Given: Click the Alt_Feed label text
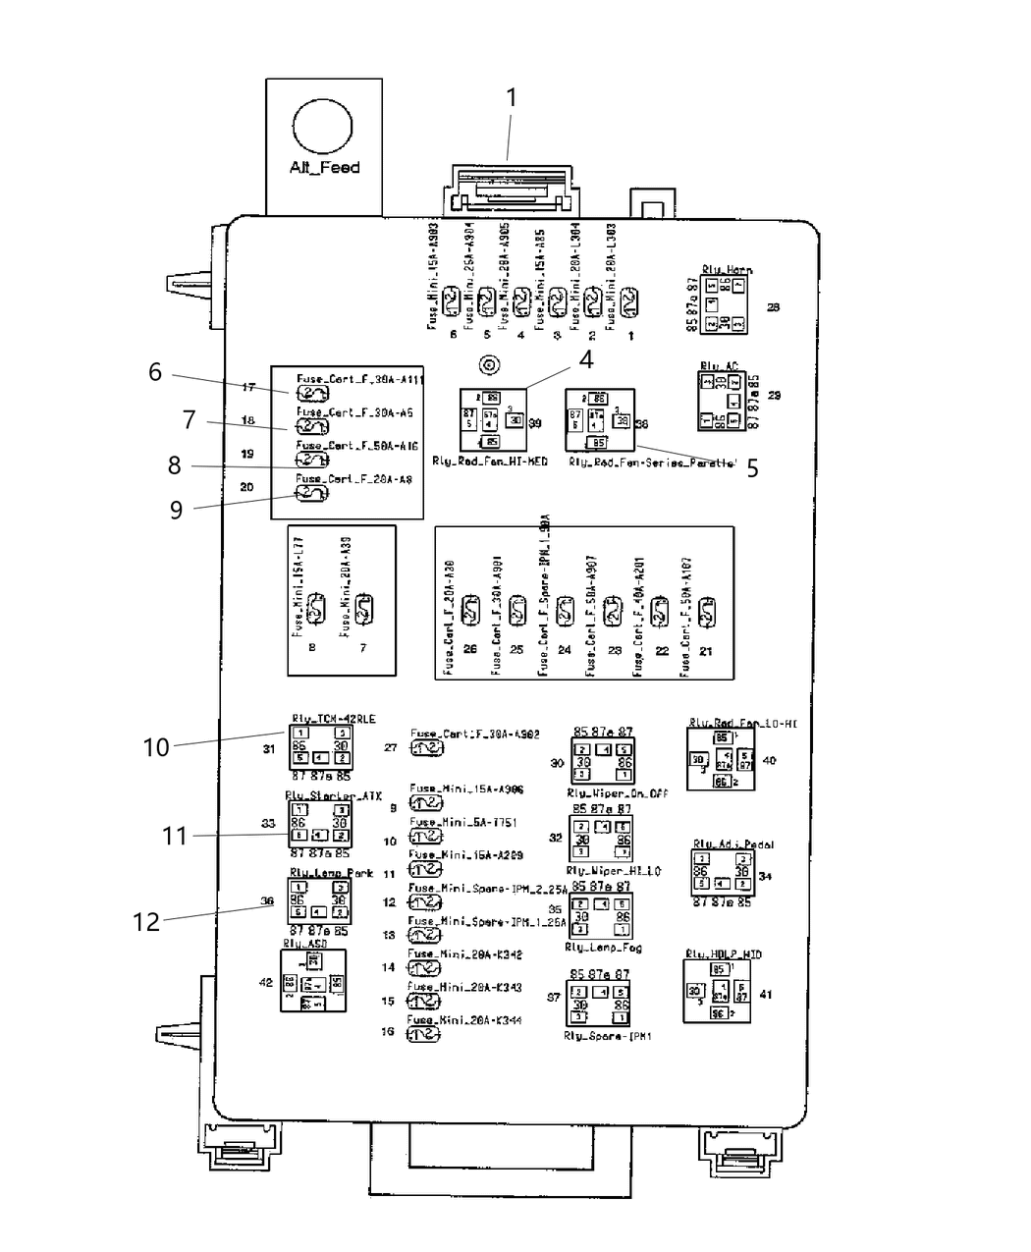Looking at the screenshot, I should [x=324, y=168].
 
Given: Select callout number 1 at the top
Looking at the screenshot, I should [x=511, y=97].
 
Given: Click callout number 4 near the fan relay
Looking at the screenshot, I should [x=585, y=359].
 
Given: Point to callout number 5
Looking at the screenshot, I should [x=752, y=468].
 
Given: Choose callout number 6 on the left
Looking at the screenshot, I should [x=155, y=371].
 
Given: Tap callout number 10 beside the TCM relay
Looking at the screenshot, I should [x=156, y=747].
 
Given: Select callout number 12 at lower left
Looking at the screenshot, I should [x=145, y=922].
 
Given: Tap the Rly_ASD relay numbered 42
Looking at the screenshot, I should [x=312, y=981].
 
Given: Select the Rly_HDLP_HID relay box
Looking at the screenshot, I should [x=719, y=991].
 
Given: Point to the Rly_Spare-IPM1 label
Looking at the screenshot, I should [x=608, y=1036].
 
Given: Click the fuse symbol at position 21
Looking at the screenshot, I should [x=707, y=613].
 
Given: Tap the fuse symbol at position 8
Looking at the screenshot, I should [x=315, y=610].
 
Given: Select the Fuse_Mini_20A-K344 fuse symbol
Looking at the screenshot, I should [x=424, y=1034].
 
